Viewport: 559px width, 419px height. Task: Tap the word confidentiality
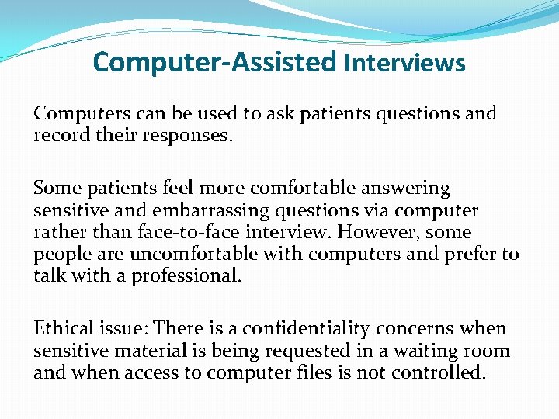coord(342,329)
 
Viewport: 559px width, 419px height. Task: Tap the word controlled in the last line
coord(438,372)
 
